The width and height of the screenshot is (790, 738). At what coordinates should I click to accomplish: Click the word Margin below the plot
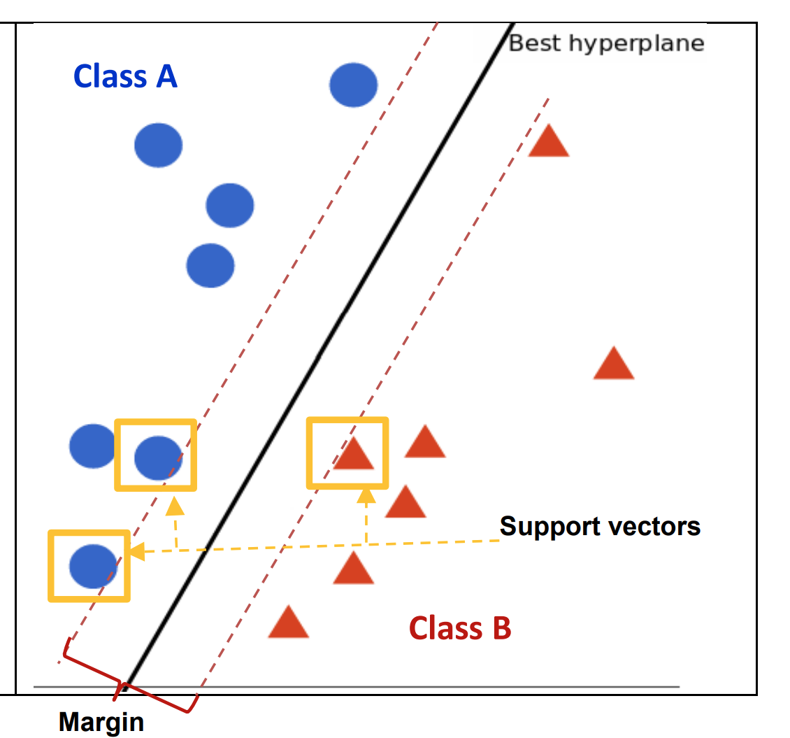pos(101,723)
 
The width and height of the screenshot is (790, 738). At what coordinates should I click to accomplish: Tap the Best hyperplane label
pos(606,44)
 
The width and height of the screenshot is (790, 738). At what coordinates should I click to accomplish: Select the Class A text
pos(125,77)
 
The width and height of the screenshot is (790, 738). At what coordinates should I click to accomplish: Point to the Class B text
pos(460,628)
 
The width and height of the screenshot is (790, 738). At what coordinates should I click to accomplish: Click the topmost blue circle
pos(354,85)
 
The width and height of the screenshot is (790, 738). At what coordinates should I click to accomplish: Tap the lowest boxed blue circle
pos(93,567)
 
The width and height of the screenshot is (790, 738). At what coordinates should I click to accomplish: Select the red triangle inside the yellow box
pos(354,454)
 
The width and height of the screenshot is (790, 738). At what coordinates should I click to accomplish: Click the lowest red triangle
pos(288,623)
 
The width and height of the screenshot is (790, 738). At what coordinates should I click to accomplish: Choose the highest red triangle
pos(549,141)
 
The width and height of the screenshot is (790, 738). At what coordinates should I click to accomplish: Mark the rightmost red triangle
pos(614,364)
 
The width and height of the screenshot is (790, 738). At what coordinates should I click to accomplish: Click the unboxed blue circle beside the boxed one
pos(92,446)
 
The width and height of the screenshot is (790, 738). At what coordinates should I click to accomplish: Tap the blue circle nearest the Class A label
pos(158,146)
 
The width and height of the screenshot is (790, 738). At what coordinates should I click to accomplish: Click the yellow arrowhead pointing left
pos(137,551)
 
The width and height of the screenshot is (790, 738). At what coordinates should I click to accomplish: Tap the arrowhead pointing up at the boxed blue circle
pos(175,506)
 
